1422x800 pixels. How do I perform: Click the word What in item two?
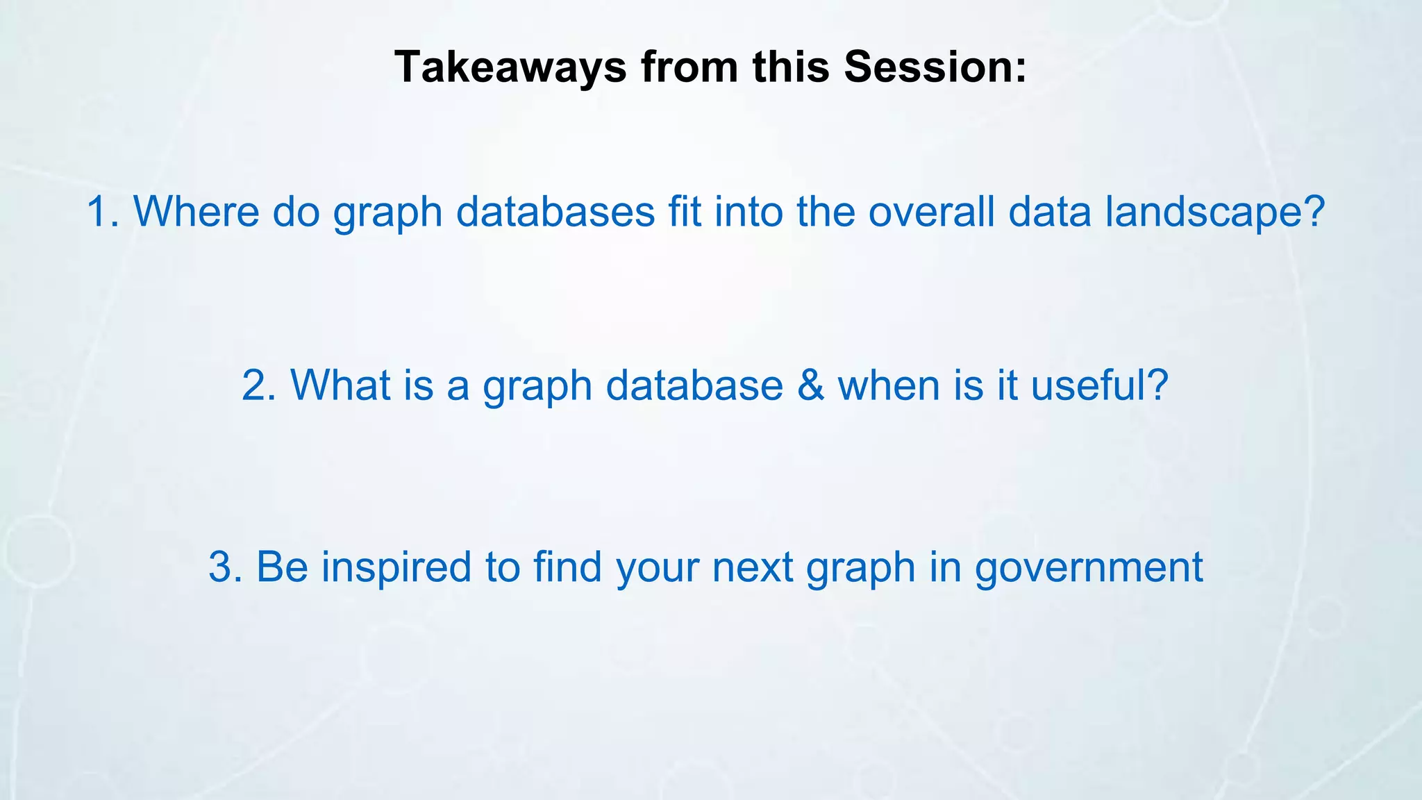coord(340,385)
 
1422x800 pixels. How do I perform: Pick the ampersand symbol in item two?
coord(810,385)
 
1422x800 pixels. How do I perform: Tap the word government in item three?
coord(1089,567)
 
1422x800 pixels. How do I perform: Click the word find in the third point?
coord(567,567)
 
